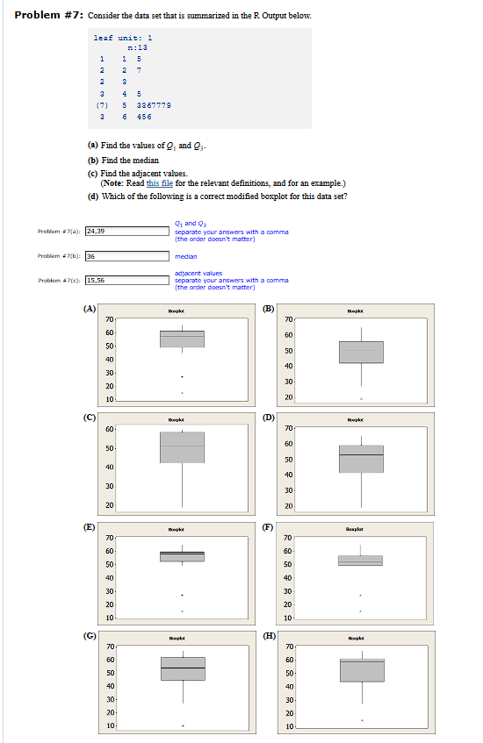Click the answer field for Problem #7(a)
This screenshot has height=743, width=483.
[126, 231]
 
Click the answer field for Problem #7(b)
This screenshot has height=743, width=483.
[126, 256]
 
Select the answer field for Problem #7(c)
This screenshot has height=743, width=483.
[126, 280]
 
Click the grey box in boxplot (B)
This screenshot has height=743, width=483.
[361, 352]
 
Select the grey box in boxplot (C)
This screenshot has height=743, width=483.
[182, 447]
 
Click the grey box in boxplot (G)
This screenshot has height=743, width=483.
[182, 668]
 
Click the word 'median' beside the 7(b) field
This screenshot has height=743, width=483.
[185, 256]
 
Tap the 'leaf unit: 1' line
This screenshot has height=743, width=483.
[123, 37]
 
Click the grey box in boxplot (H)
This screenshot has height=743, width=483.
[361, 670]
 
